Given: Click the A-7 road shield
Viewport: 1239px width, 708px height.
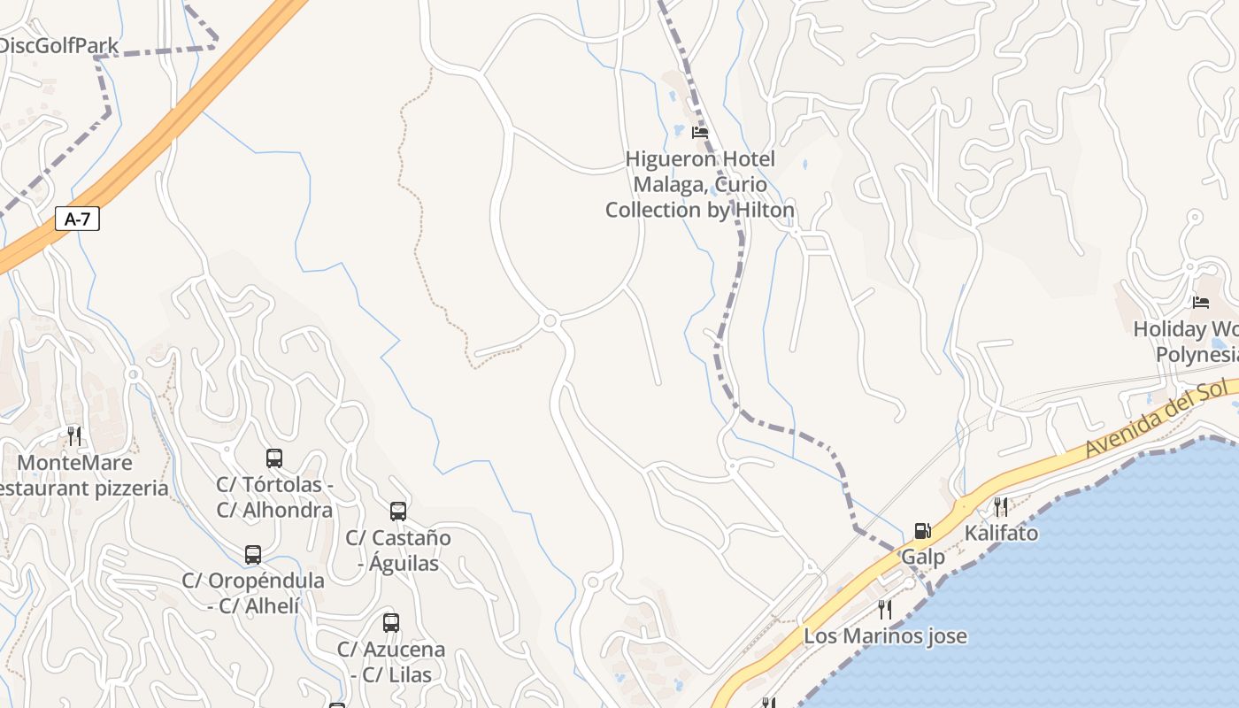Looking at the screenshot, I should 78,219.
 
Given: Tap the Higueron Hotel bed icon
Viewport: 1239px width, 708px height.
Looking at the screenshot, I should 700,133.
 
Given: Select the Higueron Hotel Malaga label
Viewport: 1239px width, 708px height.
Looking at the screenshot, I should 700,184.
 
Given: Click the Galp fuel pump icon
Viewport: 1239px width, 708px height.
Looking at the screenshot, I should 922,531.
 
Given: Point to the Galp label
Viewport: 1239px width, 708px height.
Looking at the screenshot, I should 923,558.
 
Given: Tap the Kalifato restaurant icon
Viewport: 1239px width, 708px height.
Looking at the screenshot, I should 1000,507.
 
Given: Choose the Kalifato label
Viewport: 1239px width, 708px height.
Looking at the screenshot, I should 1001,533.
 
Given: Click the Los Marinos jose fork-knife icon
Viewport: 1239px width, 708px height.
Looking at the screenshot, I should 884,609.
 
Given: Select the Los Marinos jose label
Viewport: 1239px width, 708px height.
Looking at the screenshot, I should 885,635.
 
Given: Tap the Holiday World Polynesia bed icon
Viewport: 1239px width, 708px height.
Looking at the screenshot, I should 1201,303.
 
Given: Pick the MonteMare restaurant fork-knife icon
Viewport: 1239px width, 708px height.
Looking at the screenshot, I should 74,435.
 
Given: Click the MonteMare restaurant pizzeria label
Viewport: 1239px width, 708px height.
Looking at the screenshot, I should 80,475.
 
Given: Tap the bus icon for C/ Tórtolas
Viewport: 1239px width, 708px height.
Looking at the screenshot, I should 274,458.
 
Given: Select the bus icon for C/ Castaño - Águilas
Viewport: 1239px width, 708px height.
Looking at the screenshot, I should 398,511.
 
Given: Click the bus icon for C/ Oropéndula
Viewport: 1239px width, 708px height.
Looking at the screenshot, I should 253,555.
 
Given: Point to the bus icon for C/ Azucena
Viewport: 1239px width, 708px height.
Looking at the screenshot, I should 391,623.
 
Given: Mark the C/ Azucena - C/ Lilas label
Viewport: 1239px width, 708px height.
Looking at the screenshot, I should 391,662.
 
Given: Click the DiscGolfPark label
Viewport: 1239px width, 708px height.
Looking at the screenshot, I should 59,45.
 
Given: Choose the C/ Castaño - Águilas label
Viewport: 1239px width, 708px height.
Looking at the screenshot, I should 398,550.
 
